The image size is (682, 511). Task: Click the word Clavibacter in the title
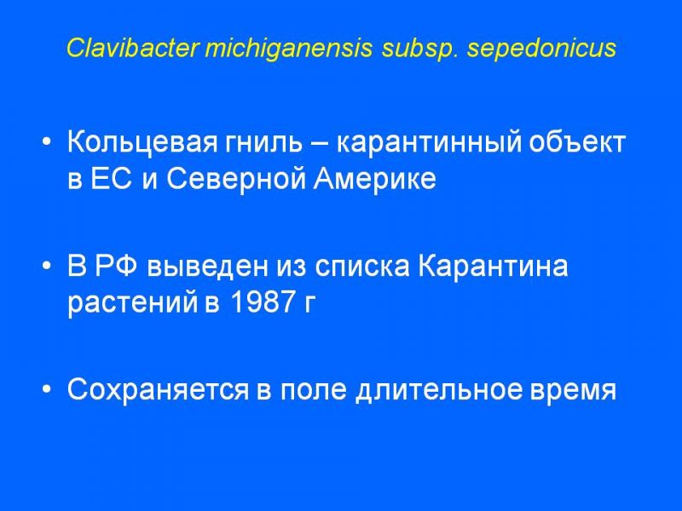point(132,48)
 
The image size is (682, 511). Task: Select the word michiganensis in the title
point(288,49)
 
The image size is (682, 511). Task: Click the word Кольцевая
point(142,142)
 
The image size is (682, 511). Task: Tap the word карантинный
point(429,142)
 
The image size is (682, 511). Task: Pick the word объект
point(577,142)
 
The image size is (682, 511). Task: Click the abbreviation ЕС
point(111,178)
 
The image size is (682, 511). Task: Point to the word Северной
point(235,178)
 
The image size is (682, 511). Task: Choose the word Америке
point(374,178)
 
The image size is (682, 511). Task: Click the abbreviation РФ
point(116,266)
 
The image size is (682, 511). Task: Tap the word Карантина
point(493,266)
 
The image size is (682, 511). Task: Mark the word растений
point(133,302)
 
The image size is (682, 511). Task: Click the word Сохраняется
point(158,389)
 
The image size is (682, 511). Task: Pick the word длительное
point(438,389)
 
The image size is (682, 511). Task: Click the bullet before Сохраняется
point(47,389)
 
